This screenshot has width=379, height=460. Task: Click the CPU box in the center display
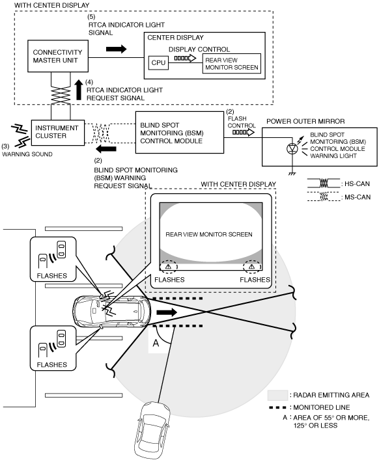(158, 62)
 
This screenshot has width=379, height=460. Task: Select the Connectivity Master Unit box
(58, 56)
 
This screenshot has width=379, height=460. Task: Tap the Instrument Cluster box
(58, 132)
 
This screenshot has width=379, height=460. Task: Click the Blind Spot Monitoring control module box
(179, 132)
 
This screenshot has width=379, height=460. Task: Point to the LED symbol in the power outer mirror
(292, 148)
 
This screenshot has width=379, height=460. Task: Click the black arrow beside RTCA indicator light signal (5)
(116, 49)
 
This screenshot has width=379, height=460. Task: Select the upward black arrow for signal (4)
(79, 90)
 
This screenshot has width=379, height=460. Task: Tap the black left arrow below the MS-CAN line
(106, 149)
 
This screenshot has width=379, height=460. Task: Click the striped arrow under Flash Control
(244, 132)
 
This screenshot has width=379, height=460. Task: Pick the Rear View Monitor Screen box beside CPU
(232, 63)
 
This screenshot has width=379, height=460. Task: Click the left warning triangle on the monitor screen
(168, 267)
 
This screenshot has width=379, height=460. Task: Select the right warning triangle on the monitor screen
(251, 267)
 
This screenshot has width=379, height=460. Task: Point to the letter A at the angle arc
(156, 343)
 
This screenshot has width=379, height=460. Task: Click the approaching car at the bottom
(152, 431)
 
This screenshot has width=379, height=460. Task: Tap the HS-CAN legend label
(357, 184)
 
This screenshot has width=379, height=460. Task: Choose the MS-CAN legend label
(358, 197)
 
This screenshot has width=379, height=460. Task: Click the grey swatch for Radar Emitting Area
(277, 395)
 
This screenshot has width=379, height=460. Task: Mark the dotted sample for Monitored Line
(277, 407)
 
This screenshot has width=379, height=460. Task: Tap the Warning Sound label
(27, 154)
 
